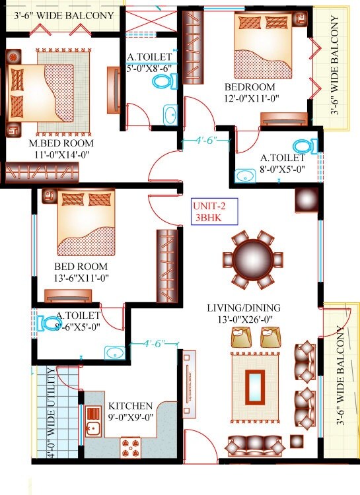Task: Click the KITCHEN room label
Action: pyautogui.click(x=131, y=405)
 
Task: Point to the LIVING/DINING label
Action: pyautogui.click(x=243, y=308)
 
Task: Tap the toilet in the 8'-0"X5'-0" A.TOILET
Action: pyautogui.click(x=303, y=147)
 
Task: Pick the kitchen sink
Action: pyautogui.click(x=92, y=422)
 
